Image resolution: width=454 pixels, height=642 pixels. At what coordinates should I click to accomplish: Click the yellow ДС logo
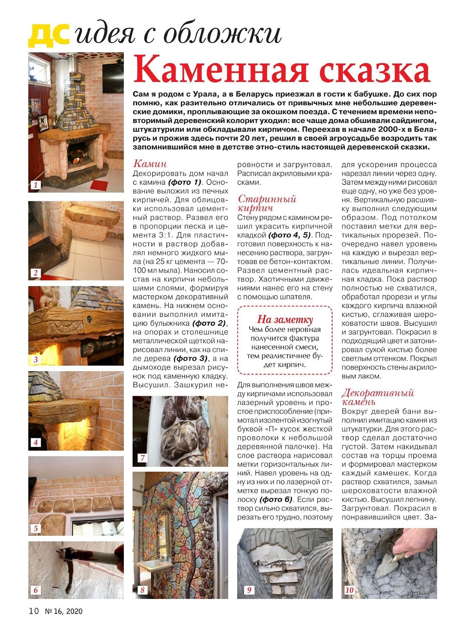pyautogui.click(x=48, y=35)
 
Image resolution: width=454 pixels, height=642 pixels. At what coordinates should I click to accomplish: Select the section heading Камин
pyautogui.click(x=150, y=164)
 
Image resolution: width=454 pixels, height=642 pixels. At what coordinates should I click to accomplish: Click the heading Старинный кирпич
pyautogui.click(x=267, y=203)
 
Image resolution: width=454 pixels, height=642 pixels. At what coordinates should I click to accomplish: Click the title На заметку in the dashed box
pyautogui.click(x=285, y=319)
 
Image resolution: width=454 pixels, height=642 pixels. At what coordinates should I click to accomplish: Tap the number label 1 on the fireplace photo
pyautogui.click(x=36, y=184)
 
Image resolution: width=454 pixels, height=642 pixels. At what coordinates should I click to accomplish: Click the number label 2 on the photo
pyautogui.click(x=36, y=273)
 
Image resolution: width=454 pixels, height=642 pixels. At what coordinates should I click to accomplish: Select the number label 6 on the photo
pyautogui.click(x=36, y=590)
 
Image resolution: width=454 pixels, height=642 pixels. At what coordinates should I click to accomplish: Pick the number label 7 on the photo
pyautogui.click(x=142, y=458)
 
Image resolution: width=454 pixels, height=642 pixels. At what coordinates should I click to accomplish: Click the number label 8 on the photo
pyautogui.click(x=142, y=590)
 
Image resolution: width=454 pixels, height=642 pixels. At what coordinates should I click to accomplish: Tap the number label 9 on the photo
pyautogui.click(x=249, y=590)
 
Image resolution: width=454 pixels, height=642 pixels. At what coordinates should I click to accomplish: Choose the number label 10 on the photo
pyautogui.click(x=349, y=590)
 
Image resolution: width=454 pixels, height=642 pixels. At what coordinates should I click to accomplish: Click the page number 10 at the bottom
pyautogui.click(x=34, y=611)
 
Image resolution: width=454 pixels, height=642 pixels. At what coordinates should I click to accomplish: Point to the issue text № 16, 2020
pyautogui.click(x=64, y=611)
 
